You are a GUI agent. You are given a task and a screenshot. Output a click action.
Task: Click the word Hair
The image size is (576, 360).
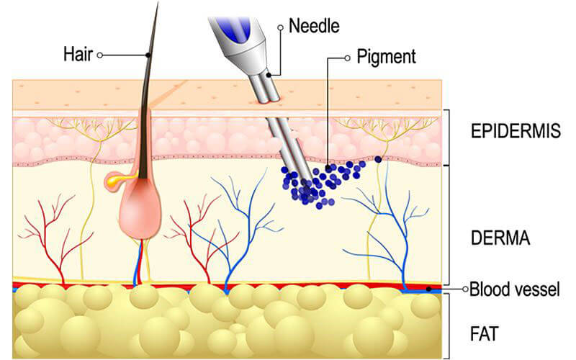[78, 55]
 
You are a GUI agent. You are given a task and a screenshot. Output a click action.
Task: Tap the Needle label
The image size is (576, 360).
[314, 26]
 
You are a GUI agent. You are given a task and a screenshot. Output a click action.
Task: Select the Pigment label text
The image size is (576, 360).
[386, 58]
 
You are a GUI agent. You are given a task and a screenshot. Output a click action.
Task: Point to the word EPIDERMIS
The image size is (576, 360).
[516, 131]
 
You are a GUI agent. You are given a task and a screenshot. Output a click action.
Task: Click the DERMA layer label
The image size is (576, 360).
[500, 238]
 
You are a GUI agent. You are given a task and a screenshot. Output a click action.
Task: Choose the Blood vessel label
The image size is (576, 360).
[515, 289]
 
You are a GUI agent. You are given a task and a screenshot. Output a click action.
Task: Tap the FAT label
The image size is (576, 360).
[485, 334]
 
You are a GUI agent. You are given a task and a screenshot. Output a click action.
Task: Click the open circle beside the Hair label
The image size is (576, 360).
[99, 55]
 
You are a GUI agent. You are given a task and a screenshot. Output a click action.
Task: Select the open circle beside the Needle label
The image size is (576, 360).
[281, 27]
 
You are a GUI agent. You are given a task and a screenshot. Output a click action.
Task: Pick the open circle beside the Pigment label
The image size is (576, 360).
[347, 58]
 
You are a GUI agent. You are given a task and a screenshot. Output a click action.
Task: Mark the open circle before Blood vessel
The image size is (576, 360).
[465, 289]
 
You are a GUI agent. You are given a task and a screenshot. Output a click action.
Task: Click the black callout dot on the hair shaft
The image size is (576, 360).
[148, 55]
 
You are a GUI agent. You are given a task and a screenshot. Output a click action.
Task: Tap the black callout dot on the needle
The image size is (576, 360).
[269, 75]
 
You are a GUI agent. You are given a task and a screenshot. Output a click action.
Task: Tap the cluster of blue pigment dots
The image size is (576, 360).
[320, 183]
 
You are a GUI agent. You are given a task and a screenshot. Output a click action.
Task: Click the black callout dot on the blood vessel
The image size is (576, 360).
[428, 289]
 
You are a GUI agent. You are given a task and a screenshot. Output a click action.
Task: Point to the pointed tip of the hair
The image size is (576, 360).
[158, 2]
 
